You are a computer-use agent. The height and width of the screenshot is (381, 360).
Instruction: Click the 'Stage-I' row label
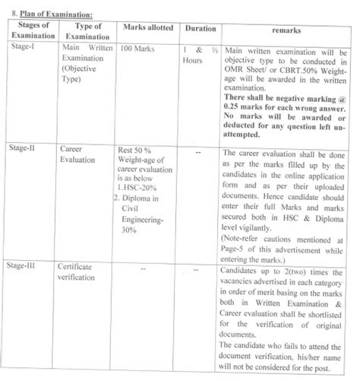22,49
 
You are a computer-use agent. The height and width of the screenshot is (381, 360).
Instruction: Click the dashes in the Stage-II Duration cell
198,153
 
